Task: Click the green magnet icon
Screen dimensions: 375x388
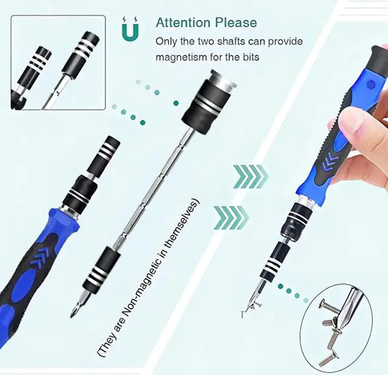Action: coord(130,29)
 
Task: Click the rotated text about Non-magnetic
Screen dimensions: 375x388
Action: coord(148,277)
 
